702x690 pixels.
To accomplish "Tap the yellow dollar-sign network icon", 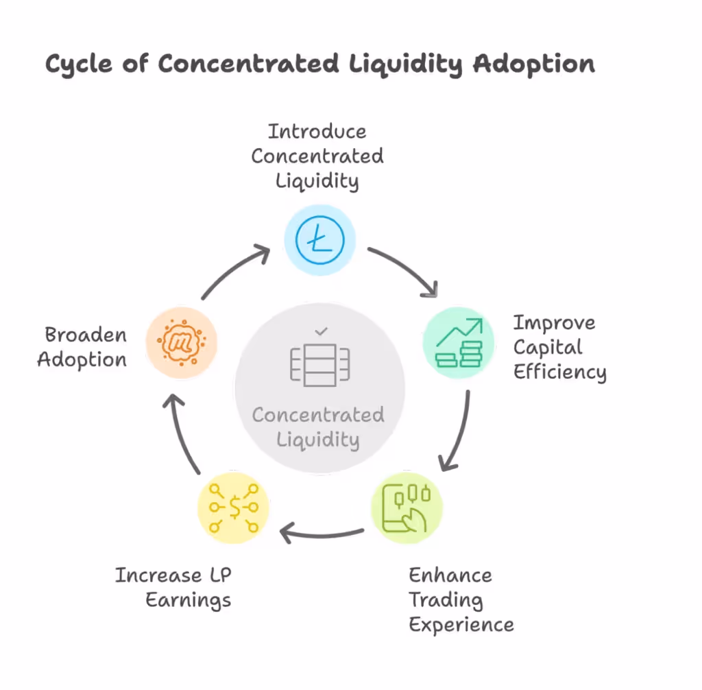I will click(x=233, y=508).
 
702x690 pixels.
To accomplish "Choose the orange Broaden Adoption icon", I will click(x=182, y=342).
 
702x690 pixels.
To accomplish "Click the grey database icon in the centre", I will click(x=320, y=364).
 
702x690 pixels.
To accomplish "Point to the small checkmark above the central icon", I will click(x=320, y=332).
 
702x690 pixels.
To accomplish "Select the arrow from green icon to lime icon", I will click(x=459, y=432).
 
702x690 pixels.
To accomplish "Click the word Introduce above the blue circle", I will click(x=317, y=131).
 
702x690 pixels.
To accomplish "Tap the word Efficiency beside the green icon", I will click(x=559, y=372).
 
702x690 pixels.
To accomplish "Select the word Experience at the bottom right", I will click(x=461, y=625).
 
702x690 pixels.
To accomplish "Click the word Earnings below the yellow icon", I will click(x=189, y=600).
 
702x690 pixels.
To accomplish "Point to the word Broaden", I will click(x=86, y=335).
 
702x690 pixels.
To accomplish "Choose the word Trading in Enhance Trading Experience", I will click(x=446, y=600).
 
